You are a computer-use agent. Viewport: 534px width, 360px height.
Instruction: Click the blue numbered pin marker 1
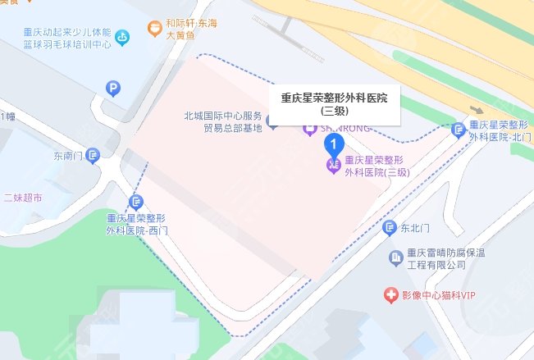click(x=334, y=144)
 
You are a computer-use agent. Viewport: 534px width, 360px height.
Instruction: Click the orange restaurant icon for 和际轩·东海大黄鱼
click(x=153, y=29)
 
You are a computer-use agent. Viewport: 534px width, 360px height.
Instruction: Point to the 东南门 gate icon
click(x=94, y=154)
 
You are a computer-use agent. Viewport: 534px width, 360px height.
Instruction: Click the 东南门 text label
click(x=69, y=154)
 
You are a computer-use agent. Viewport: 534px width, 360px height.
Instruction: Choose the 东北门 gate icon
click(x=390, y=227)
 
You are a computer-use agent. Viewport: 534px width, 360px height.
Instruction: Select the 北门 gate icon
click(x=458, y=128)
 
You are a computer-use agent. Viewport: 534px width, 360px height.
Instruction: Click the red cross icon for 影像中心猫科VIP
click(x=390, y=294)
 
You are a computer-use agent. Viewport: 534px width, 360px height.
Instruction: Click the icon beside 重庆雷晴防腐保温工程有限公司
click(x=394, y=258)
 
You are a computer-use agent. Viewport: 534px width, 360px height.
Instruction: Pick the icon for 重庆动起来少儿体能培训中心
click(x=123, y=36)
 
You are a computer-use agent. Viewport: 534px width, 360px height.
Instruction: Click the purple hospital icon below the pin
click(x=333, y=166)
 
